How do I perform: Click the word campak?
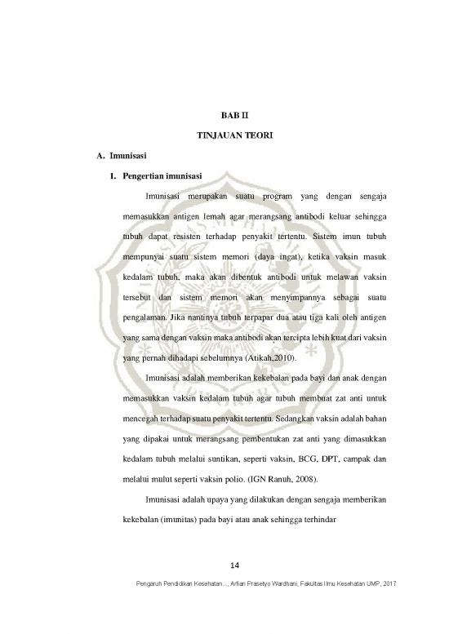coord(362,457)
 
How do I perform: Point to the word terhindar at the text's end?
coord(314,521)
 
